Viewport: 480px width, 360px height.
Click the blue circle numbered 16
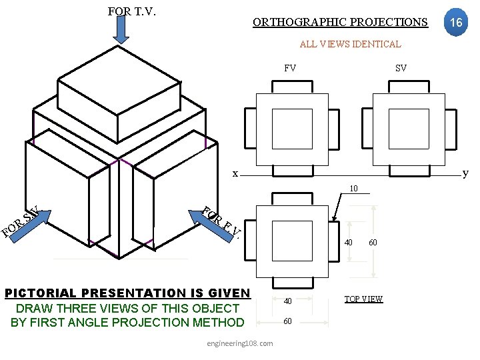[x=456, y=22]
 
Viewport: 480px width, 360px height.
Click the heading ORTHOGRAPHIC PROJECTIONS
[x=340, y=23]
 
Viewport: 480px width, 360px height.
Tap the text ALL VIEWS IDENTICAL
[x=351, y=44]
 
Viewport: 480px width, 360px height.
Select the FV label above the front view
[x=290, y=68]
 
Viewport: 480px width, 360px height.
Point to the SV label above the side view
[x=401, y=68]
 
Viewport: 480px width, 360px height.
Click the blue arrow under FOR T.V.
[x=121, y=30]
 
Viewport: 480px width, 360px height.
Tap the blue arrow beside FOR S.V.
[x=30, y=226]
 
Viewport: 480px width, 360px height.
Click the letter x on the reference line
[x=235, y=174]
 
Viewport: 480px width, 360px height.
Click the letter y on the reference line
[x=465, y=173]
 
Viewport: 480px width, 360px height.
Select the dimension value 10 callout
[x=353, y=188]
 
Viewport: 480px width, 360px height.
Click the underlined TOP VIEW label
[x=364, y=299]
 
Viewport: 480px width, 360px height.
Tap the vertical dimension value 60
[x=373, y=243]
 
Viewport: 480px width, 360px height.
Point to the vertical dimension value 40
[x=349, y=243]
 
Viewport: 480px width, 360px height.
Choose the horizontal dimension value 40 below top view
[x=288, y=301]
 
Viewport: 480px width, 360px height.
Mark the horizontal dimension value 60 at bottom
[x=287, y=321]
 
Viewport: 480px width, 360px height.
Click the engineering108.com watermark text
[x=240, y=343]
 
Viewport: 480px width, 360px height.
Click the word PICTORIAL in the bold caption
[x=41, y=293]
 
